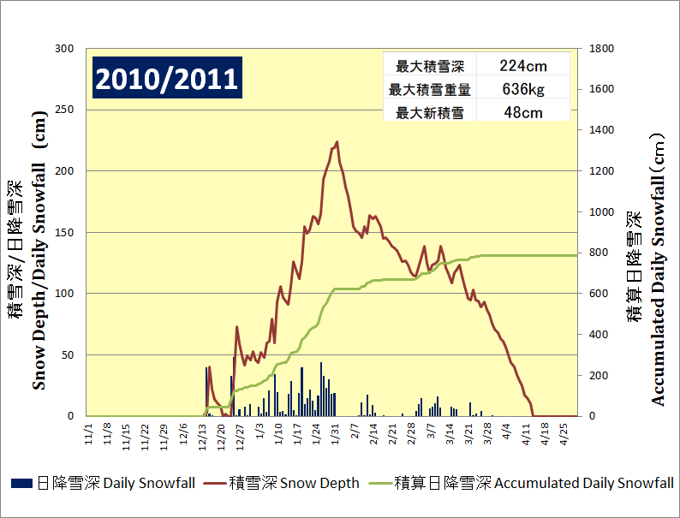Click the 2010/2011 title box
166,79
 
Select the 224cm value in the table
522,66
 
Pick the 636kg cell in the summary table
522,89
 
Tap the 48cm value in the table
522,112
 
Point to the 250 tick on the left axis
65,110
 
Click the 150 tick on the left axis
65,232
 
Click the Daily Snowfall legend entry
104,484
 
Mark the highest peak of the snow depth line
337,142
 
